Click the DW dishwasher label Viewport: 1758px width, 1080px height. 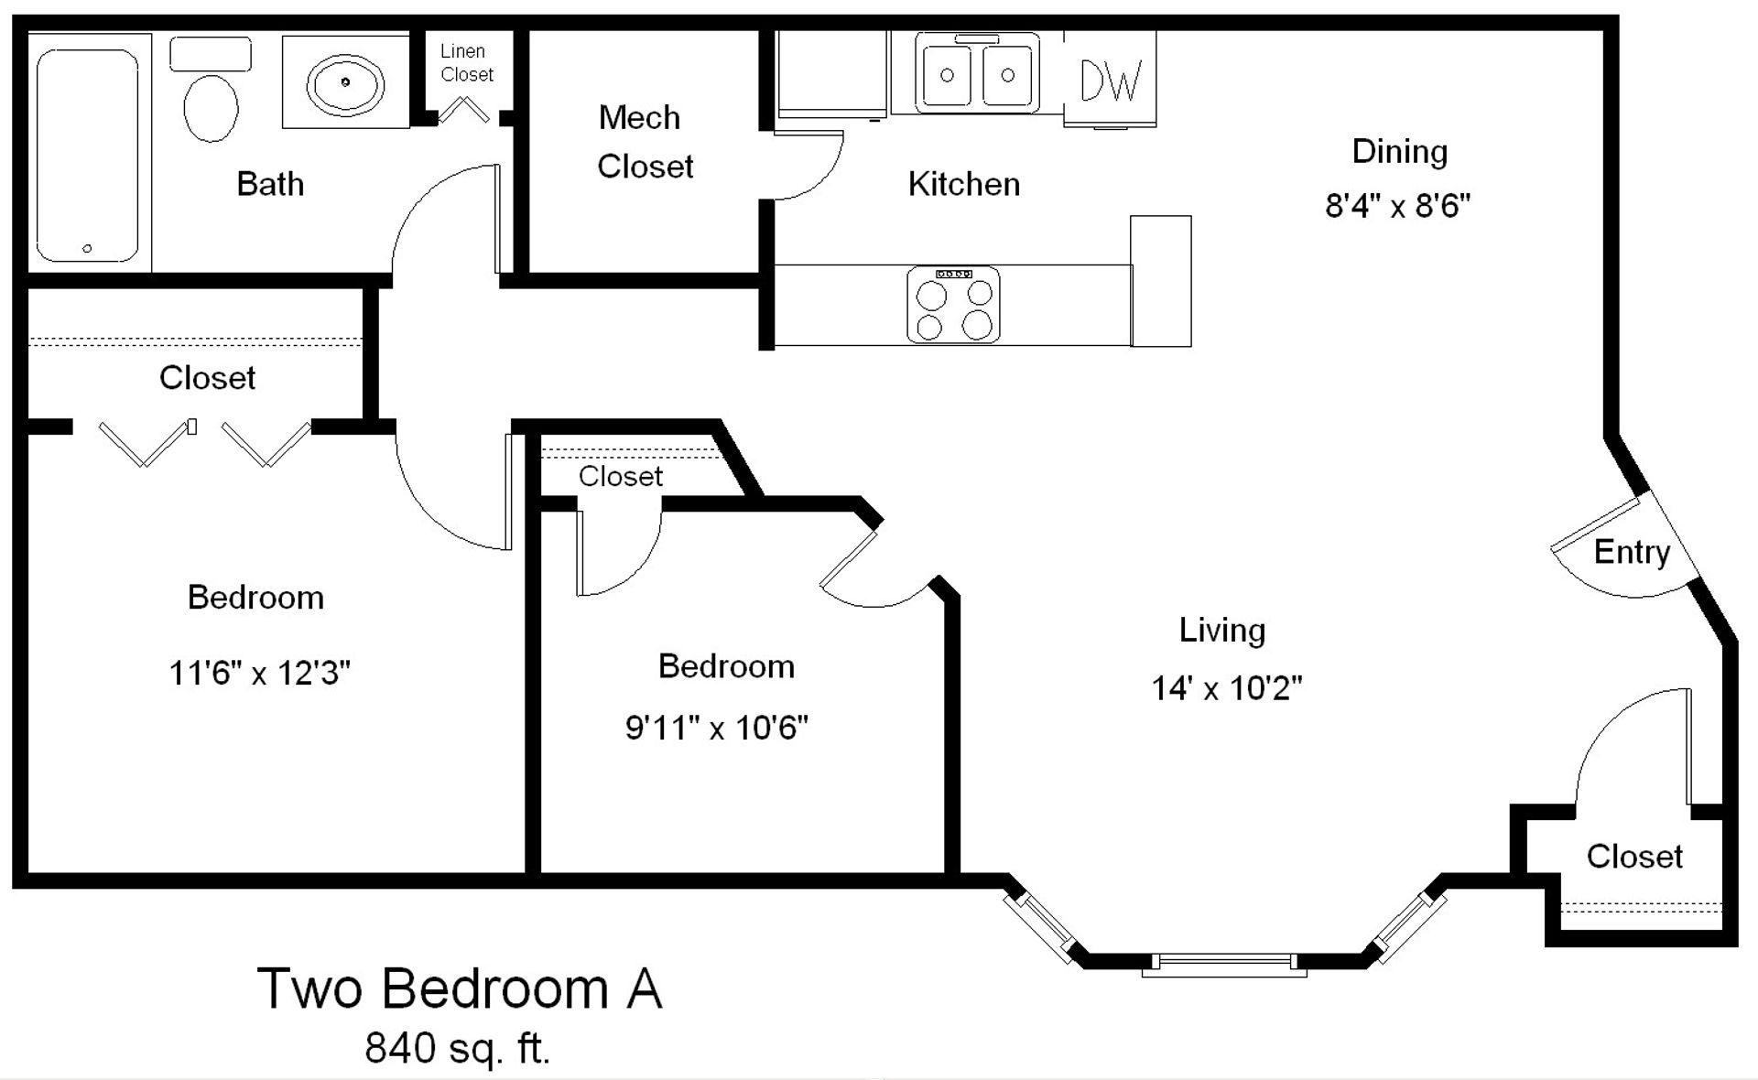pos(1111,81)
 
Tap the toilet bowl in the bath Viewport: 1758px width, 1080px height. pos(212,107)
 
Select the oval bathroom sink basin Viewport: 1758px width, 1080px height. pos(345,82)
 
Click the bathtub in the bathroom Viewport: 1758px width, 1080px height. pos(88,156)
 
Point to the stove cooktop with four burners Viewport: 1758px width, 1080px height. pos(953,305)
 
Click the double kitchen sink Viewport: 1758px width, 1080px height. pos(977,74)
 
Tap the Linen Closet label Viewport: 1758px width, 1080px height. pos(466,63)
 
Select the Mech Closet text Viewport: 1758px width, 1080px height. pos(644,142)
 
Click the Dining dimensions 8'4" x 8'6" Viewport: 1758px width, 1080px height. pos(1397,205)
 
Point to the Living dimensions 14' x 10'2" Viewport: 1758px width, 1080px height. pos(1226,687)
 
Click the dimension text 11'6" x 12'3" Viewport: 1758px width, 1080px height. pos(259,674)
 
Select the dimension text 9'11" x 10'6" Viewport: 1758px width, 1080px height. pos(716,728)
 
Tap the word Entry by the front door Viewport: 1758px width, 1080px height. pos(1632,552)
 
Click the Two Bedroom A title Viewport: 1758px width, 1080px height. pos(460,988)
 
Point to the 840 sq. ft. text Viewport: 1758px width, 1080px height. pos(458,1048)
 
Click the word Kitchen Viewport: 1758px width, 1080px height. pos(963,184)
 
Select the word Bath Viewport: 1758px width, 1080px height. pos(269,184)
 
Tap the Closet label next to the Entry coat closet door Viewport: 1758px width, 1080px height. pos(1633,857)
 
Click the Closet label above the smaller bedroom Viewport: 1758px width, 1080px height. pos(620,476)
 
